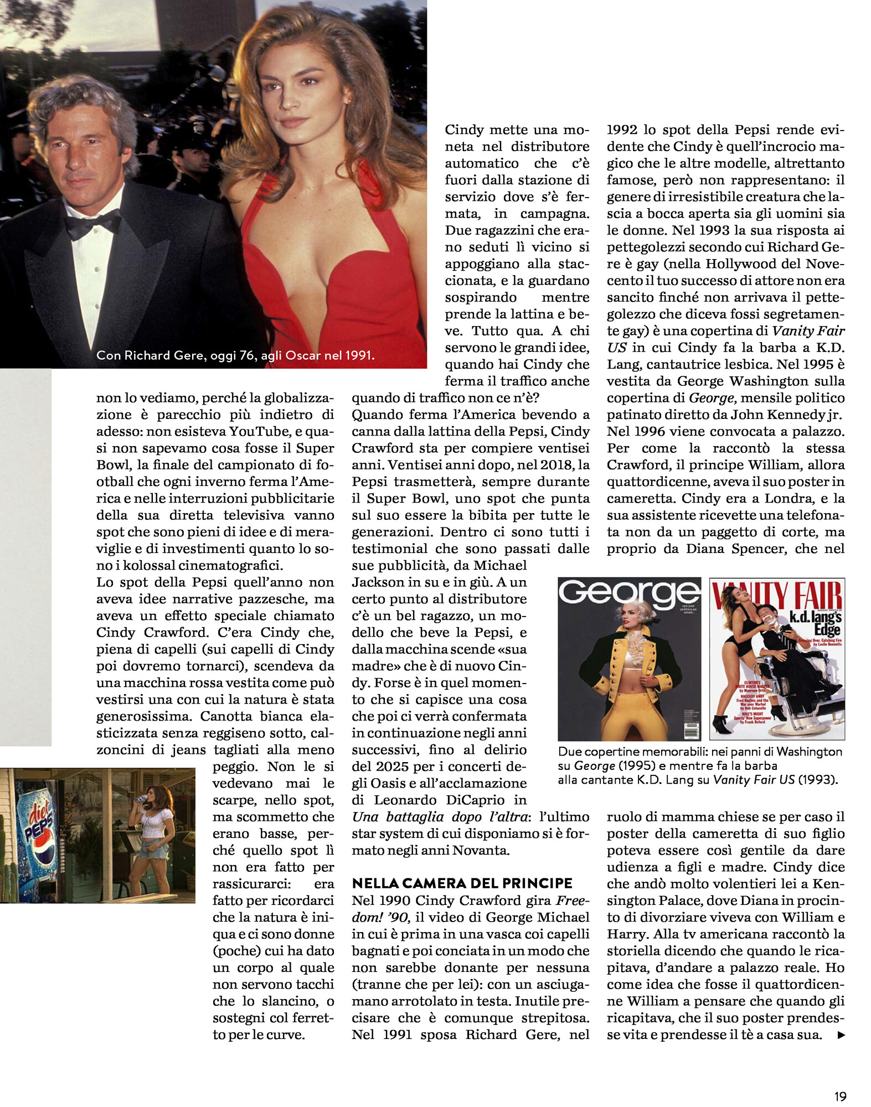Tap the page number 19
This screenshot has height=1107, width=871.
(840, 1096)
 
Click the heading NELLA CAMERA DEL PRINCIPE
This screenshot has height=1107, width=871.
(462, 883)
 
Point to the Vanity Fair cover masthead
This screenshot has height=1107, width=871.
(777, 597)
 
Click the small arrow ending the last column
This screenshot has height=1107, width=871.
(841, 1035)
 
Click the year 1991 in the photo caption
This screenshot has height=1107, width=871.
(359, 355)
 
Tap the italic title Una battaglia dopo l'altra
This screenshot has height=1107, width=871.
(440, 817)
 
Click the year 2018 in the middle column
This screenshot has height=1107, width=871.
(556, 465)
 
